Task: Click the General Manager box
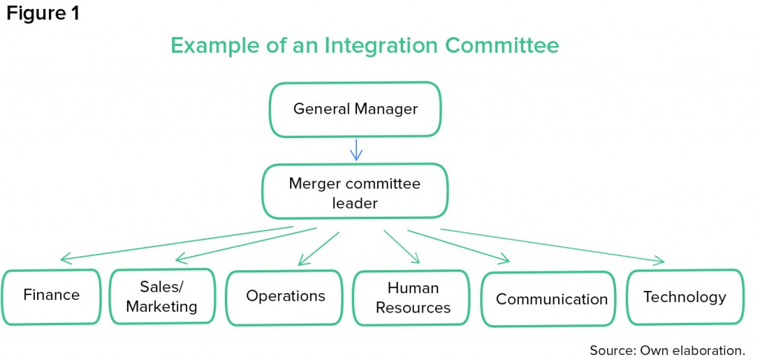point(355,110)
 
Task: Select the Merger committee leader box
point(355,192)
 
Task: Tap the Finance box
point(51,296)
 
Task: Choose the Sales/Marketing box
point(162,296)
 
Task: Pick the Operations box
point(284,298)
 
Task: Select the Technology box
point(685,297)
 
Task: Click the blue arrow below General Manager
point(356,150)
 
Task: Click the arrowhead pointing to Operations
point(303,261)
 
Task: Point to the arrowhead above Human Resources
point(413,258)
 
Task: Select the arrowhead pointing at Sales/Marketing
point(180,258)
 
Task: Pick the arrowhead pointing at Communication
point(504,259)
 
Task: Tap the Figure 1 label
point(42,13)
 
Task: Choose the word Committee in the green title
point(502,45)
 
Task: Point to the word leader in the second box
point(355,203)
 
